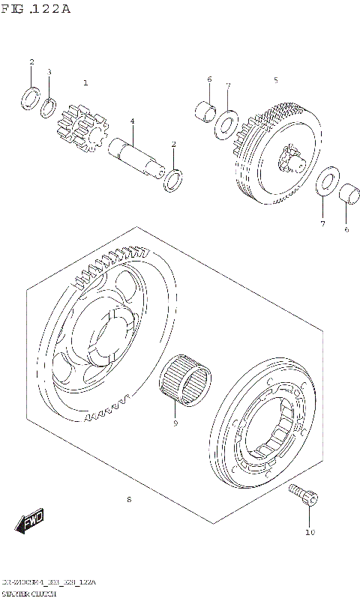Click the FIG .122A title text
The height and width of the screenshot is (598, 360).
[36, 9]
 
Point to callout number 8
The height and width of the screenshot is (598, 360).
[129, 499]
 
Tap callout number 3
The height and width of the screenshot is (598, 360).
[49, 72]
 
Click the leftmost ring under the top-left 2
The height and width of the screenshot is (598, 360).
[31, 97]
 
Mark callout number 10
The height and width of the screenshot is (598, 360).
[309, 533]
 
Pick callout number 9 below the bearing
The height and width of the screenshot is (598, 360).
[175, 423]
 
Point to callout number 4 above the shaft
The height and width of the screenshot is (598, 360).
[131, 121]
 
